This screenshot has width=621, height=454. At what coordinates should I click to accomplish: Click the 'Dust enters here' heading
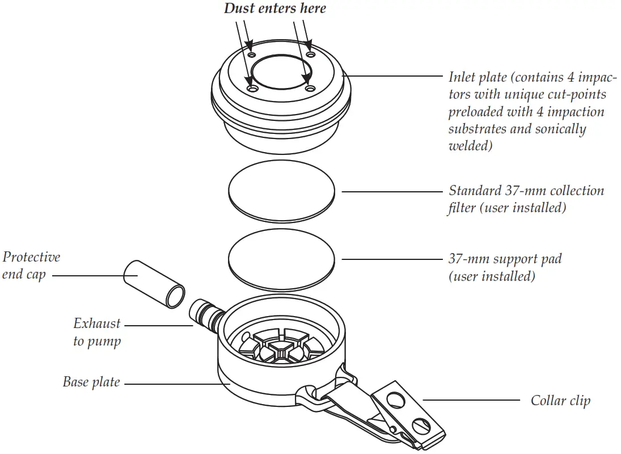[275, 9]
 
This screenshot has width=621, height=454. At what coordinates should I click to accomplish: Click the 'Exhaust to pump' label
[97, 332]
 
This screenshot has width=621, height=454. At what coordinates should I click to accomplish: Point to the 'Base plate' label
[91, 382]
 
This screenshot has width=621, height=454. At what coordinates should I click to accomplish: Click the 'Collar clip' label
[560, 401]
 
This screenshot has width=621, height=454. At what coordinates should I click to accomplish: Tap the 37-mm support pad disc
[281, 258]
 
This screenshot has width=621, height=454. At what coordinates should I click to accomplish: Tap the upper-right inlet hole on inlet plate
[310, 54]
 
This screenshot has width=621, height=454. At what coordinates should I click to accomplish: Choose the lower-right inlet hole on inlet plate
[309, 89]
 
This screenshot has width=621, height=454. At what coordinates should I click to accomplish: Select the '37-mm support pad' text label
[505, 259]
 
